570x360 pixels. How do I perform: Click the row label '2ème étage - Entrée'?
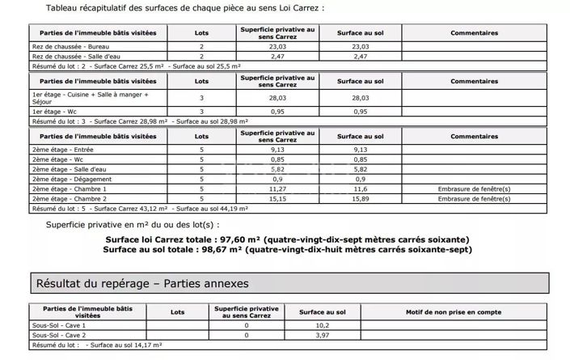point(57,150)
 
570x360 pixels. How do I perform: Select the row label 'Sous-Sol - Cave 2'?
point(57,334)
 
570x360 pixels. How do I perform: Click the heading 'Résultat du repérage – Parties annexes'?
point(142,284)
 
